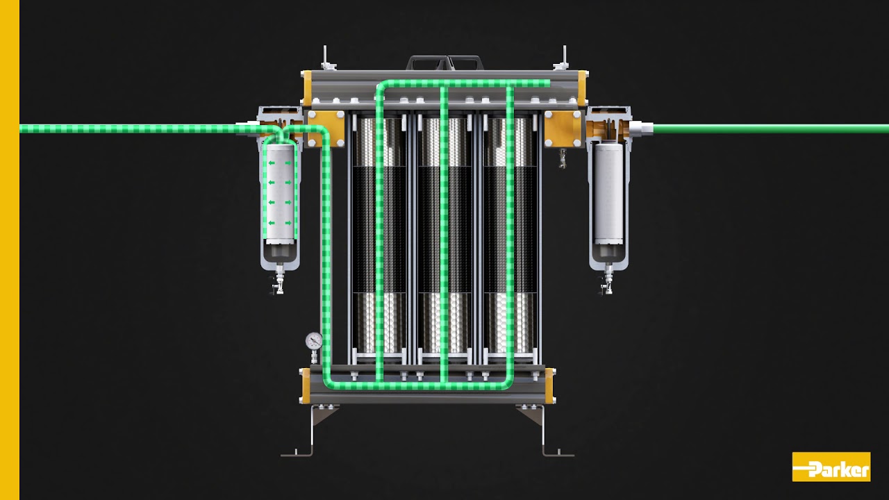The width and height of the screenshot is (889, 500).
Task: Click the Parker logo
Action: pyautogui.click(x=831, y=467)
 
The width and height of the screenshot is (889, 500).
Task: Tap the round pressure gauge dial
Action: pyautogui.click(x=314, y=341)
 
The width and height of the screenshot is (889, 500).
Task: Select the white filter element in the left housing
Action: pyautogui.click(x=280, y=191)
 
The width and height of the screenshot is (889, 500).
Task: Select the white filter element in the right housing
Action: pyautogui.click(x=609, y=191)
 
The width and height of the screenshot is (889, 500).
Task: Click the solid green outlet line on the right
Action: pyautogui.click(x=764, y=128)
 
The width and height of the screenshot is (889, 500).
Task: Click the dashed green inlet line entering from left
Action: pyautogui.click(x=139, y=128)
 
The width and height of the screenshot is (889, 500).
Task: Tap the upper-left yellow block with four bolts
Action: pyautogui.click(x=326, y=128)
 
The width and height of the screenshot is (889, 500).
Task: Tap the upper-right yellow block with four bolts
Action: pyautogui.click(x=563, y=128)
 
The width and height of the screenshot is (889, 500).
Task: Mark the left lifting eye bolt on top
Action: pyautogui.click(x=326, y=59)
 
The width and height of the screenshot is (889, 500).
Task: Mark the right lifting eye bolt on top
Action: pyautogui.click(x=563, y=59)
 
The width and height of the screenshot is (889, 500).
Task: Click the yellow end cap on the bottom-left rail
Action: pyautogui.click(x=306, y=386)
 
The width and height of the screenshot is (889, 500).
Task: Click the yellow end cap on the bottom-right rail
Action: pyautogui.click(x=550, y=386)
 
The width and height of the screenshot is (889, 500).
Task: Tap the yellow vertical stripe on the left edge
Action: pyautogui.click(x=9, y=250)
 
